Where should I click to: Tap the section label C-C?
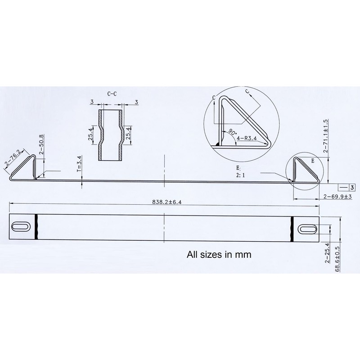113,94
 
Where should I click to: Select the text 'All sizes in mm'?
219,255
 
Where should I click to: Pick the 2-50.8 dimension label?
41,144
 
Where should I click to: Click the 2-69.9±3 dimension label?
337,197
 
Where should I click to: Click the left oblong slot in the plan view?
22,226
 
